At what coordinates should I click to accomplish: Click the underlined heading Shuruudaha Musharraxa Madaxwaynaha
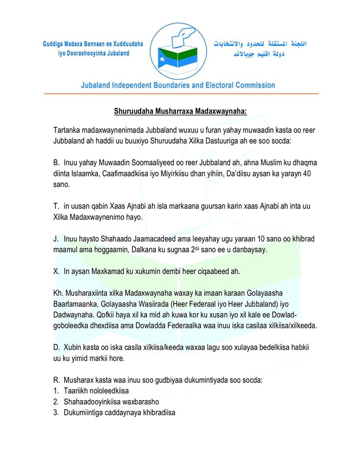click(180, 111)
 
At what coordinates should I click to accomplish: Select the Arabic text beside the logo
click(260, 49)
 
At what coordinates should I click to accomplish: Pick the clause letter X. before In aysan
click(56, 271)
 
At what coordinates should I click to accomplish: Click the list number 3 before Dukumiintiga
click(56, 413)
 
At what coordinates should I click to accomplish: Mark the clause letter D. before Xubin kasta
click(56, 348)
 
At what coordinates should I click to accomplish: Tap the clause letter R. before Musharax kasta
click(56, 379)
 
